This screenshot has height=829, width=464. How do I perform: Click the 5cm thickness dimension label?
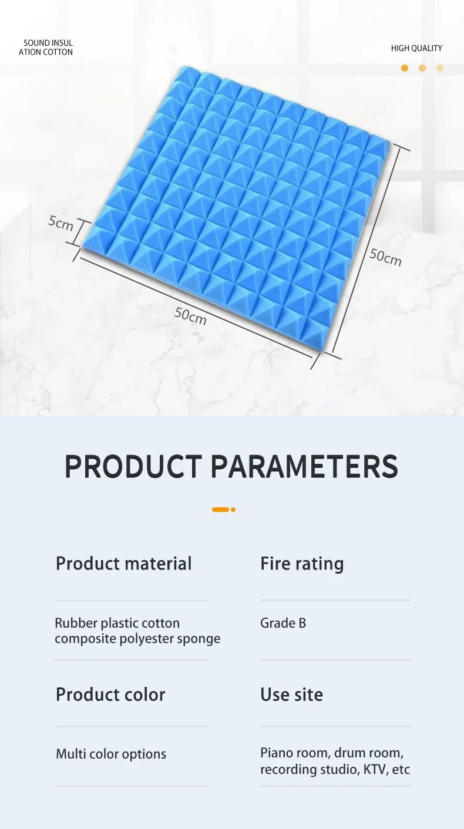click(60, 223)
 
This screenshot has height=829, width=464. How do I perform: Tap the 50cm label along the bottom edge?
click(190, 316)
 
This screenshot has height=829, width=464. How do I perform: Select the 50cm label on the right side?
click(385, 257)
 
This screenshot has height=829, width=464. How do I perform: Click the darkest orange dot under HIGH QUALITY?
click(405, 68)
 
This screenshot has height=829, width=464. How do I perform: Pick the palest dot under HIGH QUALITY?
click(440, 68)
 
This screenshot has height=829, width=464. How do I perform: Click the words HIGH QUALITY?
click(416, 48)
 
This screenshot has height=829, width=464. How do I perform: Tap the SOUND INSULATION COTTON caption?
click(46, 48)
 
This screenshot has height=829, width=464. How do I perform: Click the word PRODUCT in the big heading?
click(133, 466)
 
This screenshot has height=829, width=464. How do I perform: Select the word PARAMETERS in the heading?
click(304, 466)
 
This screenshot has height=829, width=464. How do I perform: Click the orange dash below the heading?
click(220, 510)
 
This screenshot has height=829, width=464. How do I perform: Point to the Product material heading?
click(124, 563)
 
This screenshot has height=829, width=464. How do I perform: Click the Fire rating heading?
click(302, 564)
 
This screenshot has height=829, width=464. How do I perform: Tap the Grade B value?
click(283, 623)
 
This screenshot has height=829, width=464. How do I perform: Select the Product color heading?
click(110, 695)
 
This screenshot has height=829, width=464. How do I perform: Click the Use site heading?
click(292, 695)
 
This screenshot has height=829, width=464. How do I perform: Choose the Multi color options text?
click(111, 754)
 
